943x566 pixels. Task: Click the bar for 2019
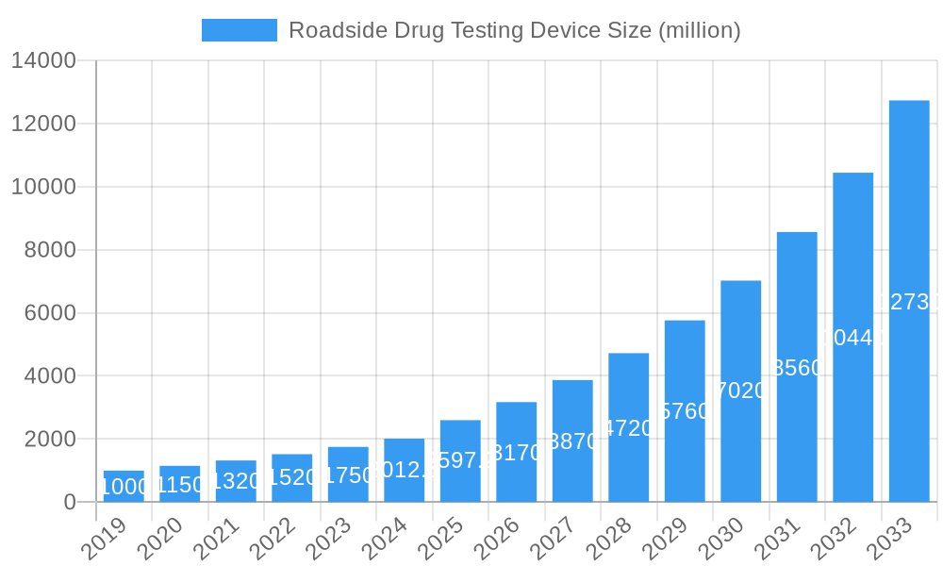point(124,486)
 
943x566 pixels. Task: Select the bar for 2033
point(909,301)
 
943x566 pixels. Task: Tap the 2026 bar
point(517,452)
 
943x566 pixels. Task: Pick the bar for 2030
point(741,391)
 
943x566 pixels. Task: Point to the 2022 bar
point(292,477)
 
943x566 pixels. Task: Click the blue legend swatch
point(240,30)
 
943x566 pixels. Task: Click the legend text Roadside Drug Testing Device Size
point(514,30)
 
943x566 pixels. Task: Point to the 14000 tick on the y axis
point(43,61)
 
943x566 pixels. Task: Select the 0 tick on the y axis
point(70,502)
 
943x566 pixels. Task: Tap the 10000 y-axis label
point(43,187)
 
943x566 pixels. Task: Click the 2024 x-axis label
point(385,539)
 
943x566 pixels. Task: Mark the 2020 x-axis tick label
point(160,539)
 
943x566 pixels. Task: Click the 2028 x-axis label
point(609,539)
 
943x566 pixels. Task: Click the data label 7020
point(741,391)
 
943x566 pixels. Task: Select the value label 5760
point(685,411)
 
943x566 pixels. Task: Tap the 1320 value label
point(236,481)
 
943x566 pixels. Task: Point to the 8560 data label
point(797,368)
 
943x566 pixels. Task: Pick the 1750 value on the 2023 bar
point(348,474)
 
